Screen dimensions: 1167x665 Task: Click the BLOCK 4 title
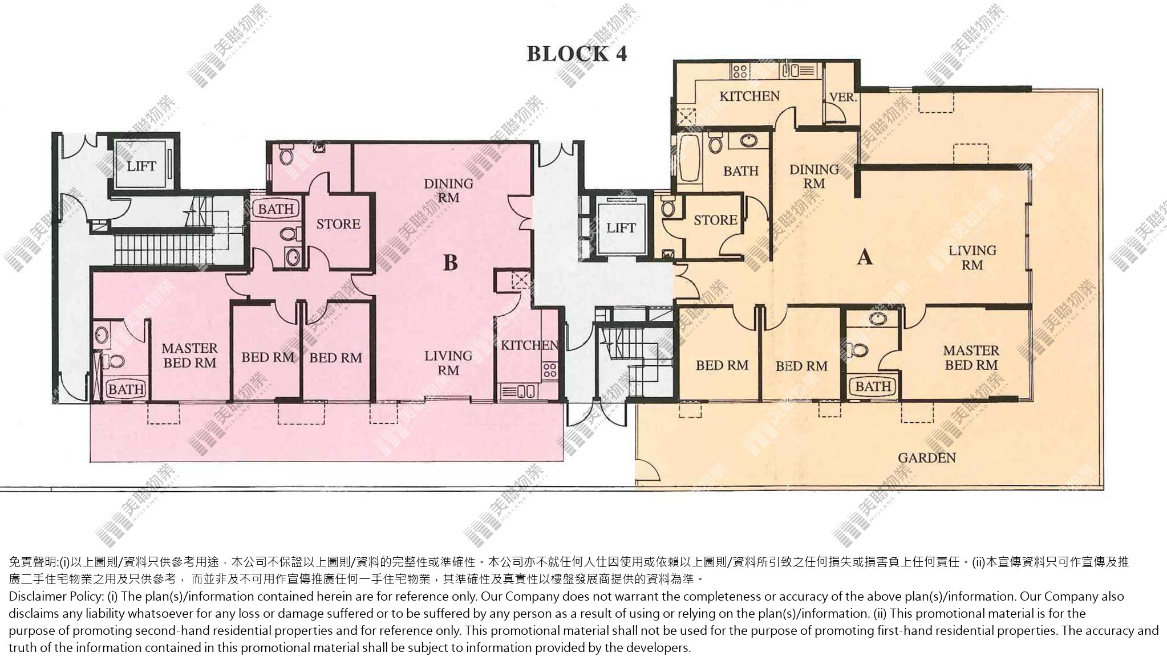(577, 54)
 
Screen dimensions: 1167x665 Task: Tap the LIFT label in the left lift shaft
(141, 166)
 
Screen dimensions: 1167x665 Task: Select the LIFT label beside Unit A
(621, 229)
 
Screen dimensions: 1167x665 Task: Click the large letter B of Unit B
(450, 263)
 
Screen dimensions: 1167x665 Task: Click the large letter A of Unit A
(865, 258)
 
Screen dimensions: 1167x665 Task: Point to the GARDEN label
(927, 458)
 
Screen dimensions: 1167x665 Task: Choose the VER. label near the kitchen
(842, 97)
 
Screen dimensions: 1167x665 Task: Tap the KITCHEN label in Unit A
(749, 96)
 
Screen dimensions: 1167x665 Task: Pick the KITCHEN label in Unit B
(529, 345)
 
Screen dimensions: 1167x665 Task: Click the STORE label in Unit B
(338, 225)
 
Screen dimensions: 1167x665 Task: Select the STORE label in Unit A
(715, 220)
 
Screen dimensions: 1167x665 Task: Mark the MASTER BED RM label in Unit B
(189, 356)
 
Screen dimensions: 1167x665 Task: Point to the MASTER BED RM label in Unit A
(971, 358)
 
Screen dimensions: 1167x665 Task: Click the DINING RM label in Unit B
(448, 191)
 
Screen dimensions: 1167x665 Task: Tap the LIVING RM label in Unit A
(973, 258)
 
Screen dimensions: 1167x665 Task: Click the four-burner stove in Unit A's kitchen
(740, 71)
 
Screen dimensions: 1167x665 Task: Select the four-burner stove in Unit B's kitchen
(549, 370)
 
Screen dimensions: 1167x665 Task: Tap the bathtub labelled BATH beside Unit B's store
(276, 209)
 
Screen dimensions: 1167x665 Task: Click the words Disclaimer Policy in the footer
(56, 597)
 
